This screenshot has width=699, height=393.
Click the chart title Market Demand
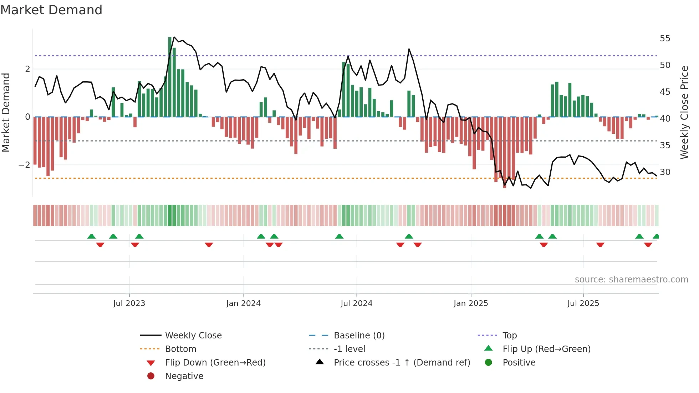51,10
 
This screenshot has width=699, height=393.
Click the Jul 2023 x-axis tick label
129,303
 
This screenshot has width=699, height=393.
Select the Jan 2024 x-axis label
243,303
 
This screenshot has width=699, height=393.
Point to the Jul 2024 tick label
356,303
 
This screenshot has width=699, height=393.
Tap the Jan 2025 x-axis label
471,303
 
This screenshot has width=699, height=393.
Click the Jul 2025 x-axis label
583,303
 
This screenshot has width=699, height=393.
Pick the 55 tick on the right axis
665,39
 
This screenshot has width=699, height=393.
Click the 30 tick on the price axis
665,172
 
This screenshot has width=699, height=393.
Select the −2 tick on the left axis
24,165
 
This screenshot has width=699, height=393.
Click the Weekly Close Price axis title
684,112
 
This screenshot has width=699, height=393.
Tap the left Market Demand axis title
6,112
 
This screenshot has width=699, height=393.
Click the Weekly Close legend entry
193,336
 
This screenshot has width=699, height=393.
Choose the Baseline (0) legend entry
359,336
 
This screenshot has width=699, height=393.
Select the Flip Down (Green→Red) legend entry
215,363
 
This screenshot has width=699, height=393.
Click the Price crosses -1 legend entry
402,363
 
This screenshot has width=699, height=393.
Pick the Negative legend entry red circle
151,376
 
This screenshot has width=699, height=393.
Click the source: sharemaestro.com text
631,280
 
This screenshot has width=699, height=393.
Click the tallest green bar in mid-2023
170,77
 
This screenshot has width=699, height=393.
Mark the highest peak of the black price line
174,37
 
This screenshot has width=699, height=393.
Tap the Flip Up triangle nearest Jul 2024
339,236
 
